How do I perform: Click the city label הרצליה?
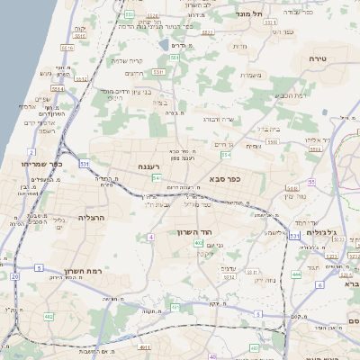(x=92, y=218)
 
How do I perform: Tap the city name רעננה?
(x=149, y=166)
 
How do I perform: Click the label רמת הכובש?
(x=290, y=94)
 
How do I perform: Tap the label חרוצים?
(x=134, y=73)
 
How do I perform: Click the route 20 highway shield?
(x=15, y=277)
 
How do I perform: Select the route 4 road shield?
(x=151, y=237)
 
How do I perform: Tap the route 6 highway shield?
(x=319, y=284)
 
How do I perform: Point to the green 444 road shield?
(x=297, y=272)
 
